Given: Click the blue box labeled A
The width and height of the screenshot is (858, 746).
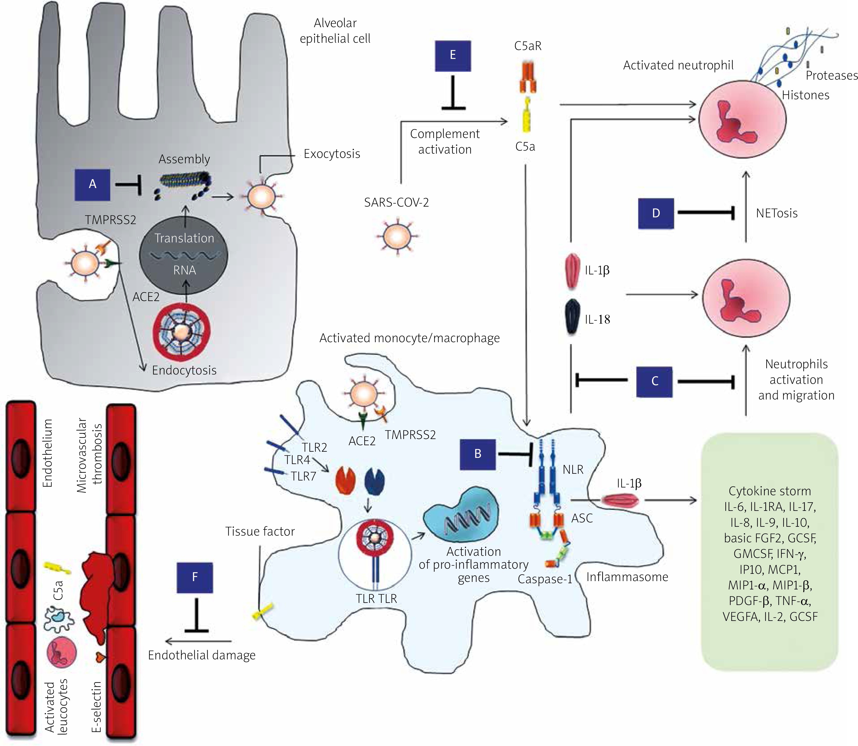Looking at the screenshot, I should pyautogui.click(x=93, y=185).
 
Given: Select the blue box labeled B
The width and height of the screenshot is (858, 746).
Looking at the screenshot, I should pyautogui.click(x=478, y=454).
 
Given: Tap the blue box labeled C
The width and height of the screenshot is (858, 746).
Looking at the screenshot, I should pyautogui.click(x=654, y=381).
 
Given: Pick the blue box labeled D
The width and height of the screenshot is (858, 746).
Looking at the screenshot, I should pyautogui.click(x=656, y=213).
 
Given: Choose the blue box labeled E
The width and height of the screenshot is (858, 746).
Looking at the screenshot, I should pyautogui.click(x=453, y=56).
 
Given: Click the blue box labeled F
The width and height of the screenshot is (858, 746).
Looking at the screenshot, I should pyautogui.click(x=195, y=577).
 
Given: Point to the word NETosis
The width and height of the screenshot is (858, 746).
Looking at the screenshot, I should pyautogui.click(x=776, y=213).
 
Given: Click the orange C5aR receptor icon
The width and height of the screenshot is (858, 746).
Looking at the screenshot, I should pyautogui.click(x=528, y=77).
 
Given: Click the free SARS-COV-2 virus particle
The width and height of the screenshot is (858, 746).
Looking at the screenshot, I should pyautogui.click(x=397, y=236).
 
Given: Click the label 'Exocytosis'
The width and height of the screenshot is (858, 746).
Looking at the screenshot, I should pyautogui.click(x=332, y=154).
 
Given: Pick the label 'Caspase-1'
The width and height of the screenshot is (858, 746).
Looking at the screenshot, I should pyautogui.click(x=545, y=579).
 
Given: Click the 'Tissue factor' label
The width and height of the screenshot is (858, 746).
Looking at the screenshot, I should pyautogui.click(x=260, y=531).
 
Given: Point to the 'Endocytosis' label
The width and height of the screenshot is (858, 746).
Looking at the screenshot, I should pyautogui.click(x=184, y=370).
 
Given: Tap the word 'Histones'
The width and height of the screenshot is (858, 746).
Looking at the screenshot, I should pyautogui.click(x=805, y=95).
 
